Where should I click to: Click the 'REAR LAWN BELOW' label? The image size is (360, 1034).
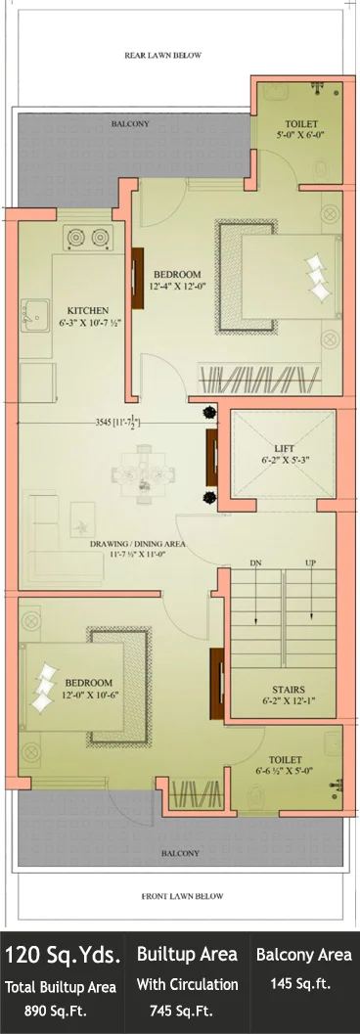click(x=162, y=56)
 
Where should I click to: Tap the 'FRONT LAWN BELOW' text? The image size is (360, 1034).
click(x=182, y=896)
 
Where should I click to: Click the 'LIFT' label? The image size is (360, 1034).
click(x=283, y=443)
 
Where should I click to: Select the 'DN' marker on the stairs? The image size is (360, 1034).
click(x=255, y=563)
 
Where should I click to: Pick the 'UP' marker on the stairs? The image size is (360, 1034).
click(x=310, y=563)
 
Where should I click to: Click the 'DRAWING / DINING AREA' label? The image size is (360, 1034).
click(x=138, y=544)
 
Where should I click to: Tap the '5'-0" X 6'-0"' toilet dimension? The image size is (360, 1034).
click(x=301, y=136)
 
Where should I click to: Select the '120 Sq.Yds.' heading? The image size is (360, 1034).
click(x=64, y=954)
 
